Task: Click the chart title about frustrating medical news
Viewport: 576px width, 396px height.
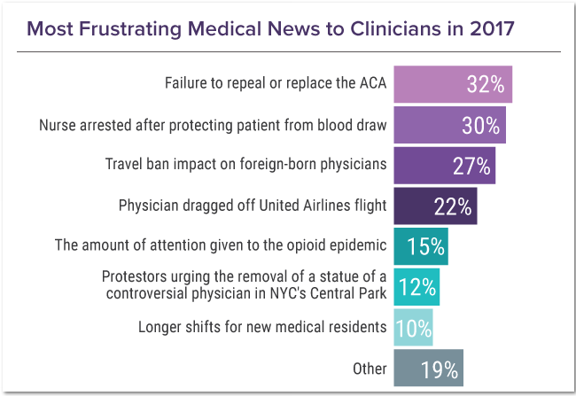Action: [270, 27]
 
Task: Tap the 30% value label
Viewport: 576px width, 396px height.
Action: [481, 125]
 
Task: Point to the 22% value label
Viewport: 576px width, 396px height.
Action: [452, 206]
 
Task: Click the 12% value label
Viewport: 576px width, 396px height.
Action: [416, 287]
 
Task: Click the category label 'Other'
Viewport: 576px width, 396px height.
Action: [370, 369]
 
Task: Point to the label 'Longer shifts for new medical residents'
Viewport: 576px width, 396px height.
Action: [262, 328]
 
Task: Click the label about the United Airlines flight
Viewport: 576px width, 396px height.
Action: [253, 206]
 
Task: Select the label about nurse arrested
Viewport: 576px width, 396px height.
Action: [213, 125]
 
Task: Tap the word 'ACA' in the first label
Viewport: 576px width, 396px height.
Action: [372, 84]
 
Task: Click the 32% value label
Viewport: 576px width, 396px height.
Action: [486, 84]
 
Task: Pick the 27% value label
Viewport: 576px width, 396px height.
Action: [471, 165]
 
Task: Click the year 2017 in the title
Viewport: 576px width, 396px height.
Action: [491, 27]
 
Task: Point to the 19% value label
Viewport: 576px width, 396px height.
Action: [439, 369]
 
